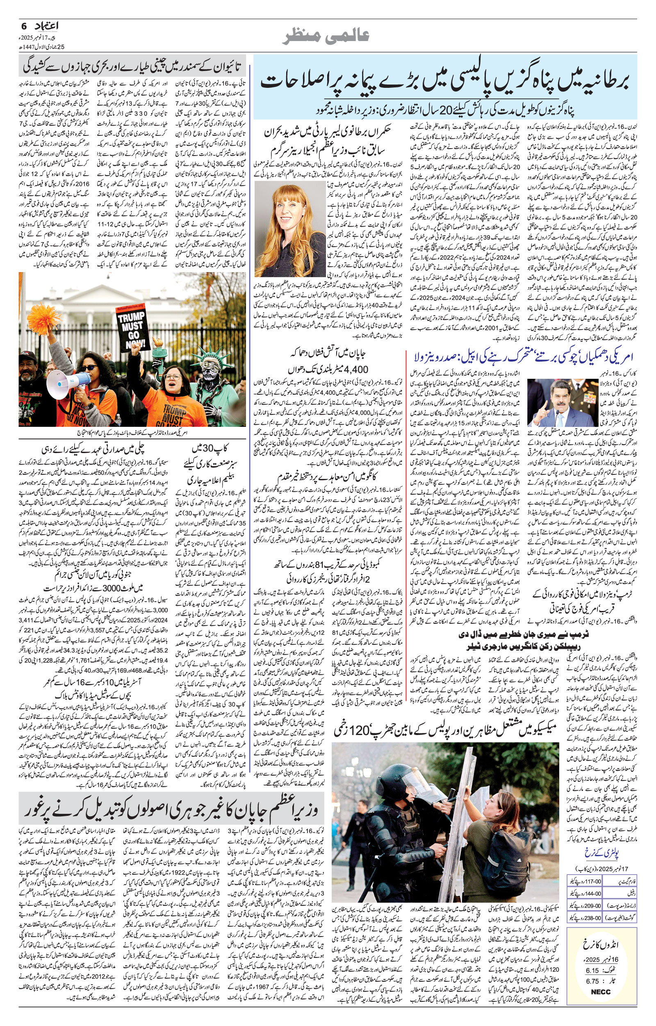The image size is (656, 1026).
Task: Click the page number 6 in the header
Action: (x=23, y=25)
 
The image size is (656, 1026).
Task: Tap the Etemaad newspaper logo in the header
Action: (x=46, y=26)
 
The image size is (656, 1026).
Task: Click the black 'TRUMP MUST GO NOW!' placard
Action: (x=131, y=325)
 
